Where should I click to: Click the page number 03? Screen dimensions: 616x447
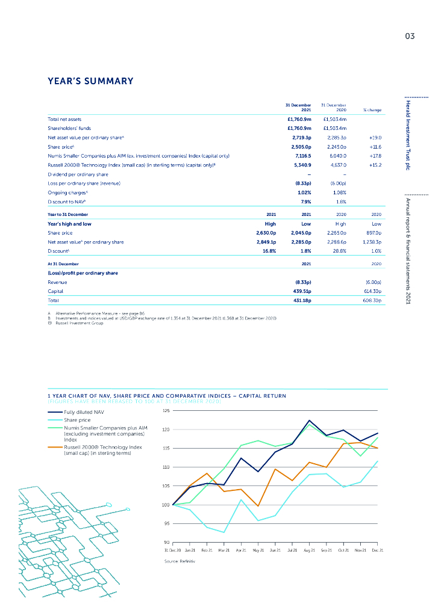coord(410,36)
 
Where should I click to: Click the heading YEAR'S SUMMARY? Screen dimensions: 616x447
coord(90,81)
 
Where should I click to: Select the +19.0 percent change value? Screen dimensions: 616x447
coord(375,138)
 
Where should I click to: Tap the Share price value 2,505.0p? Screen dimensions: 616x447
coord(299,147)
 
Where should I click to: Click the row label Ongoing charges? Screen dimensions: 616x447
coord(66,192)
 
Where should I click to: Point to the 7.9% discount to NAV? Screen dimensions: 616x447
coord(305,201)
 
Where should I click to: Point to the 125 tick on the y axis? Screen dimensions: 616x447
coord(166,410)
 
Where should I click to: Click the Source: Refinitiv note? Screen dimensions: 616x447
coord(181,561)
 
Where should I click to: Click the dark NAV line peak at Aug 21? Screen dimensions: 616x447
coord(309,420)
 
